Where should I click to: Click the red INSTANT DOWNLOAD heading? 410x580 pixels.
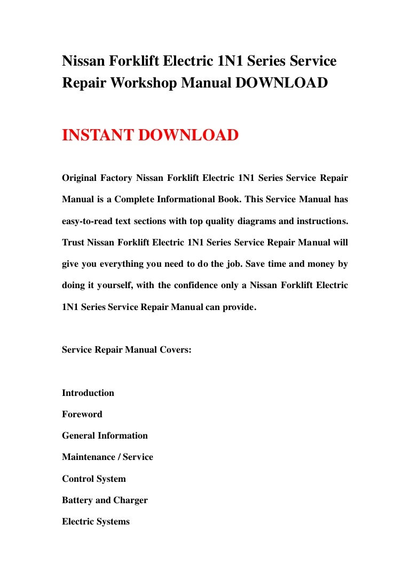150,136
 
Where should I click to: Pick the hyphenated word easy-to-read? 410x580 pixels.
89,220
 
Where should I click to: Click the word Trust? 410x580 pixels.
74,242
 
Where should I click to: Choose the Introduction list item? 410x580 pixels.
88,393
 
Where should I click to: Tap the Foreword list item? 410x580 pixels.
82,414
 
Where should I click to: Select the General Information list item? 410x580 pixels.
105,435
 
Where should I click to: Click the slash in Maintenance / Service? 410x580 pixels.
120,457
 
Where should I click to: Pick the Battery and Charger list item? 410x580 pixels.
105,500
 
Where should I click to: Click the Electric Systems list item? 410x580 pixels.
96,521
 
